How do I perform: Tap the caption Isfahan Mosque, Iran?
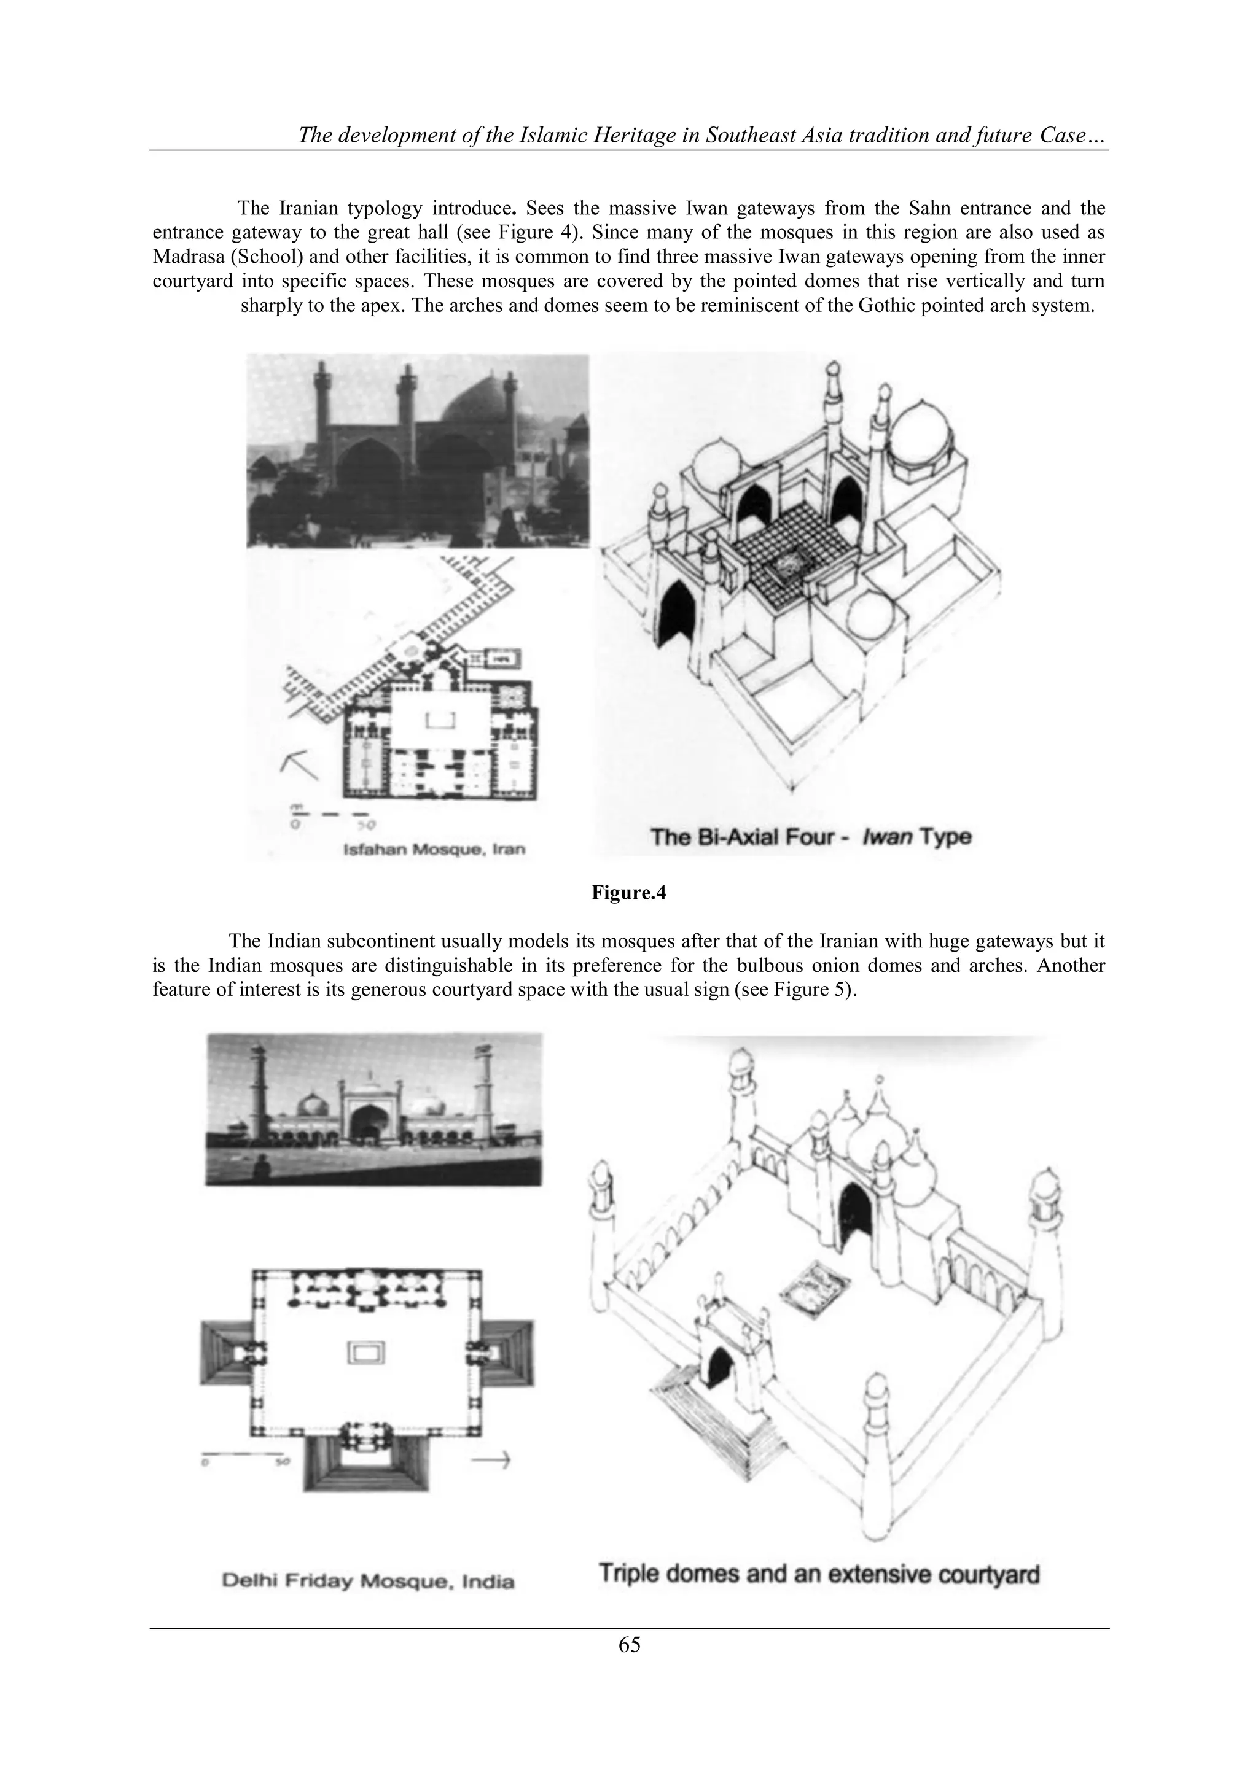click(434, 848)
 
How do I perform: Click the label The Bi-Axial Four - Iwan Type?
click(810, 837)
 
